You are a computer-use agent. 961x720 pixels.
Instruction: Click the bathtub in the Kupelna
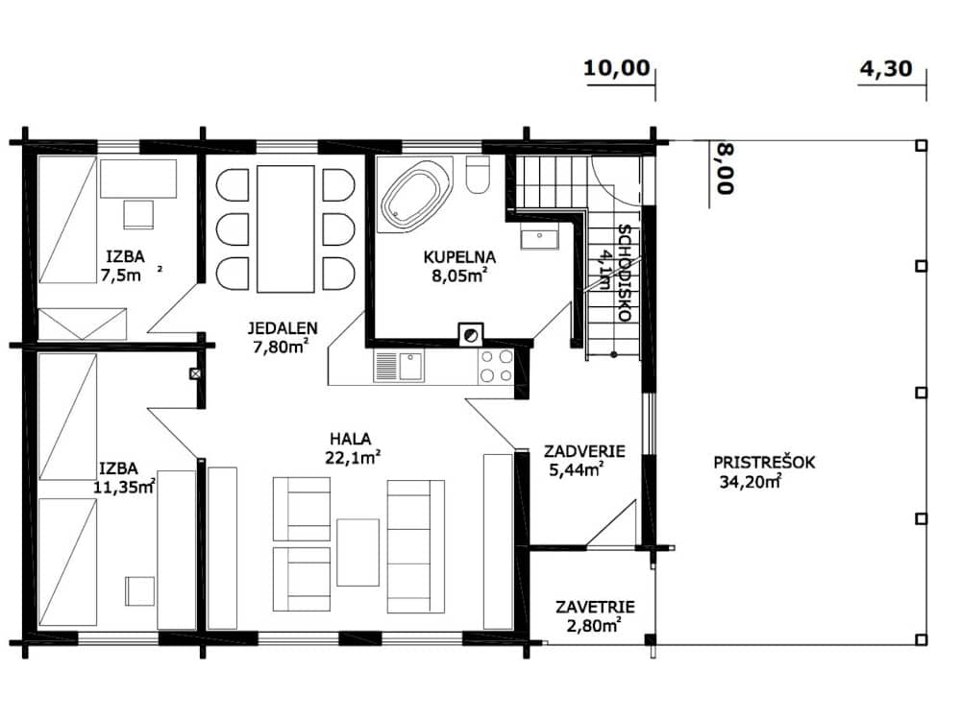[414, 195]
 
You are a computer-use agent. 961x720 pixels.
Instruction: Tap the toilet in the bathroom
[478, 175]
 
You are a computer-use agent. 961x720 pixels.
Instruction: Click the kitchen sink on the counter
[399, 367]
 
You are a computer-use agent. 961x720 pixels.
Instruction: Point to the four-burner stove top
[496, 366]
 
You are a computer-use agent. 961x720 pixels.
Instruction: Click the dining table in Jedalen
[285, 229]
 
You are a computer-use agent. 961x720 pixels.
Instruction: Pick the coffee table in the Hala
[357, 552]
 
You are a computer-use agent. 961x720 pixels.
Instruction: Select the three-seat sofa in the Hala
[416, 547]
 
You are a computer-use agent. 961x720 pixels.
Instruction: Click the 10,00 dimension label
[616, 68]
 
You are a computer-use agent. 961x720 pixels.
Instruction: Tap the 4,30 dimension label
[886, 68]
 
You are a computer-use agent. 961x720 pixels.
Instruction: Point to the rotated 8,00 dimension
[725, 168]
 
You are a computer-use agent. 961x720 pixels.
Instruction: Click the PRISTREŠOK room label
[764, 463]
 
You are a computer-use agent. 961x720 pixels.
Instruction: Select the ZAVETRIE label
[595, 608]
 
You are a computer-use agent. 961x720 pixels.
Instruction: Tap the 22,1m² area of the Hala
[353, 457]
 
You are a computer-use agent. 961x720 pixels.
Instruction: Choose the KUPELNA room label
[459, 257]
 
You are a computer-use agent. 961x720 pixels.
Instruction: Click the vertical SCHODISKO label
[624, 273]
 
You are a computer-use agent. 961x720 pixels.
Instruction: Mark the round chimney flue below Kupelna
[471, 335]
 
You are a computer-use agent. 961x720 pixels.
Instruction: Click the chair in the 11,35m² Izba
[140, 590]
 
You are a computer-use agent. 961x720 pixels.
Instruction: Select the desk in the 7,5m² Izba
[138, 179]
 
